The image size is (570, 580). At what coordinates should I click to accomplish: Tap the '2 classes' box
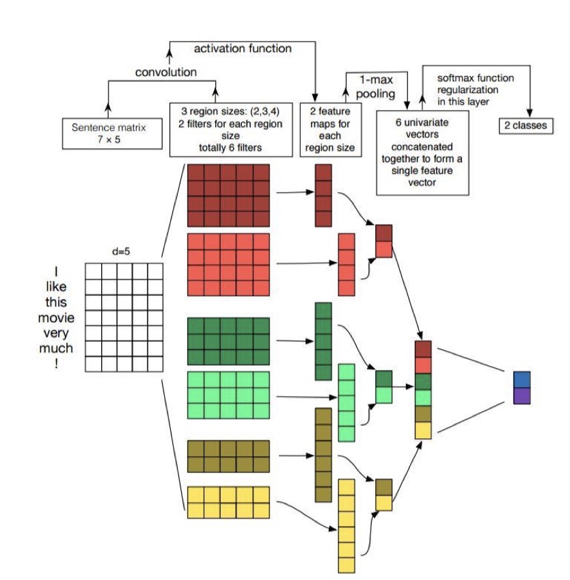pyautogui.click(x=526, y=127)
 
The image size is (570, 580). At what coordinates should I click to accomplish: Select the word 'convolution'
pyautogui.click(x=166, y=72)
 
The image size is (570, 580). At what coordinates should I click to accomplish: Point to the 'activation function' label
pyautogui.click(x=243, y=49)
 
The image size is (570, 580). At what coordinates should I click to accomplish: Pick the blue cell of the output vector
pyautogui.click(x=521, y=380)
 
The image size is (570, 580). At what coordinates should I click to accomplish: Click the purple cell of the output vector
pyautogui.click(x=521, y=395)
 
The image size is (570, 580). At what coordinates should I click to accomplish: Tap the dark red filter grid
pyautogui.click(x=228, y=195)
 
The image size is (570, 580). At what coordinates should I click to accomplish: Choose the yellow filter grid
pyautogui.click(x=228, y=503)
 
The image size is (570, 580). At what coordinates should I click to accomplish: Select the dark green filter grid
pyautogui.click(x=228, y=341)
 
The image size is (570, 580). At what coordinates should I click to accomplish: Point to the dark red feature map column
pyautogui.click(x=323, y=195)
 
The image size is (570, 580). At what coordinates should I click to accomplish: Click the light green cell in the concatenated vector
pyautogui.click(x=423, y=397)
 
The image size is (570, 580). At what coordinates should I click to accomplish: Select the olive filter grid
pyautogui.click(x=228, y=457)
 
